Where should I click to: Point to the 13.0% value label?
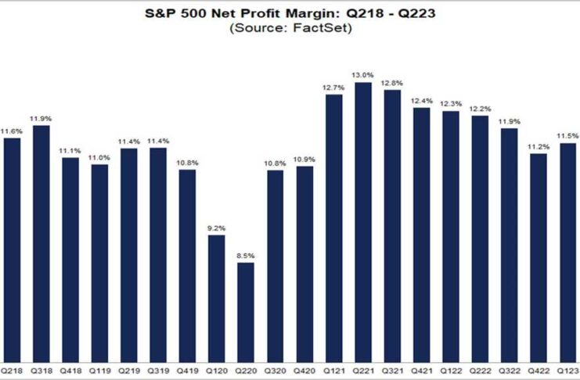tap(363, 75)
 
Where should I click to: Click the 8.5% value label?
tap(246, 256)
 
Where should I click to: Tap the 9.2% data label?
tap(217, 228)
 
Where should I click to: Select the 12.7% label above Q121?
tap(334, 88)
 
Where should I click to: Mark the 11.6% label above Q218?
tap(13, 131)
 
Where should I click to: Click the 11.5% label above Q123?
tap(568, 136)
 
